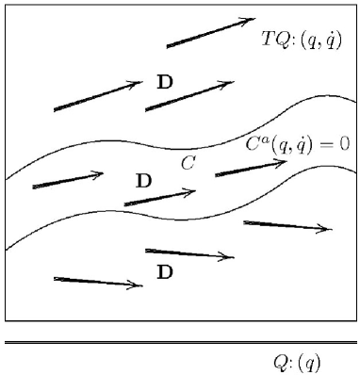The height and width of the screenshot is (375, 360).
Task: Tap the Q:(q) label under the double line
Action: click(297, 361)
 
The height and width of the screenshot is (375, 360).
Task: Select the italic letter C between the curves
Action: click(188, 163)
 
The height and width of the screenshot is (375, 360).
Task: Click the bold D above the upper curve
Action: click(165, 82)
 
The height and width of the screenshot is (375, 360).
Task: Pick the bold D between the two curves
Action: click(143, 179)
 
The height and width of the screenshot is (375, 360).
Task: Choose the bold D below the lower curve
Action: click(165, 272)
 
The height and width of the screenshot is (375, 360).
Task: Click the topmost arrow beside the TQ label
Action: click(210, 32)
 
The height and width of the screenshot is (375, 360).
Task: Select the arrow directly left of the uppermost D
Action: click(98, 96)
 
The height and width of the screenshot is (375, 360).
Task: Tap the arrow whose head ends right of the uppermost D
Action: click(188, 95)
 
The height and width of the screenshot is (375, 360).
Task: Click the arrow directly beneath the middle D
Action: click(159, 198)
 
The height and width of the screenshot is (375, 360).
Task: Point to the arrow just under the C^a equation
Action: click(251, 168)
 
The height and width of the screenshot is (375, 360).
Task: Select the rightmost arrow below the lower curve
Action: click(287, 225)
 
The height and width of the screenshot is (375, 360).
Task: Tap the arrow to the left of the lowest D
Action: click(98, 281)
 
